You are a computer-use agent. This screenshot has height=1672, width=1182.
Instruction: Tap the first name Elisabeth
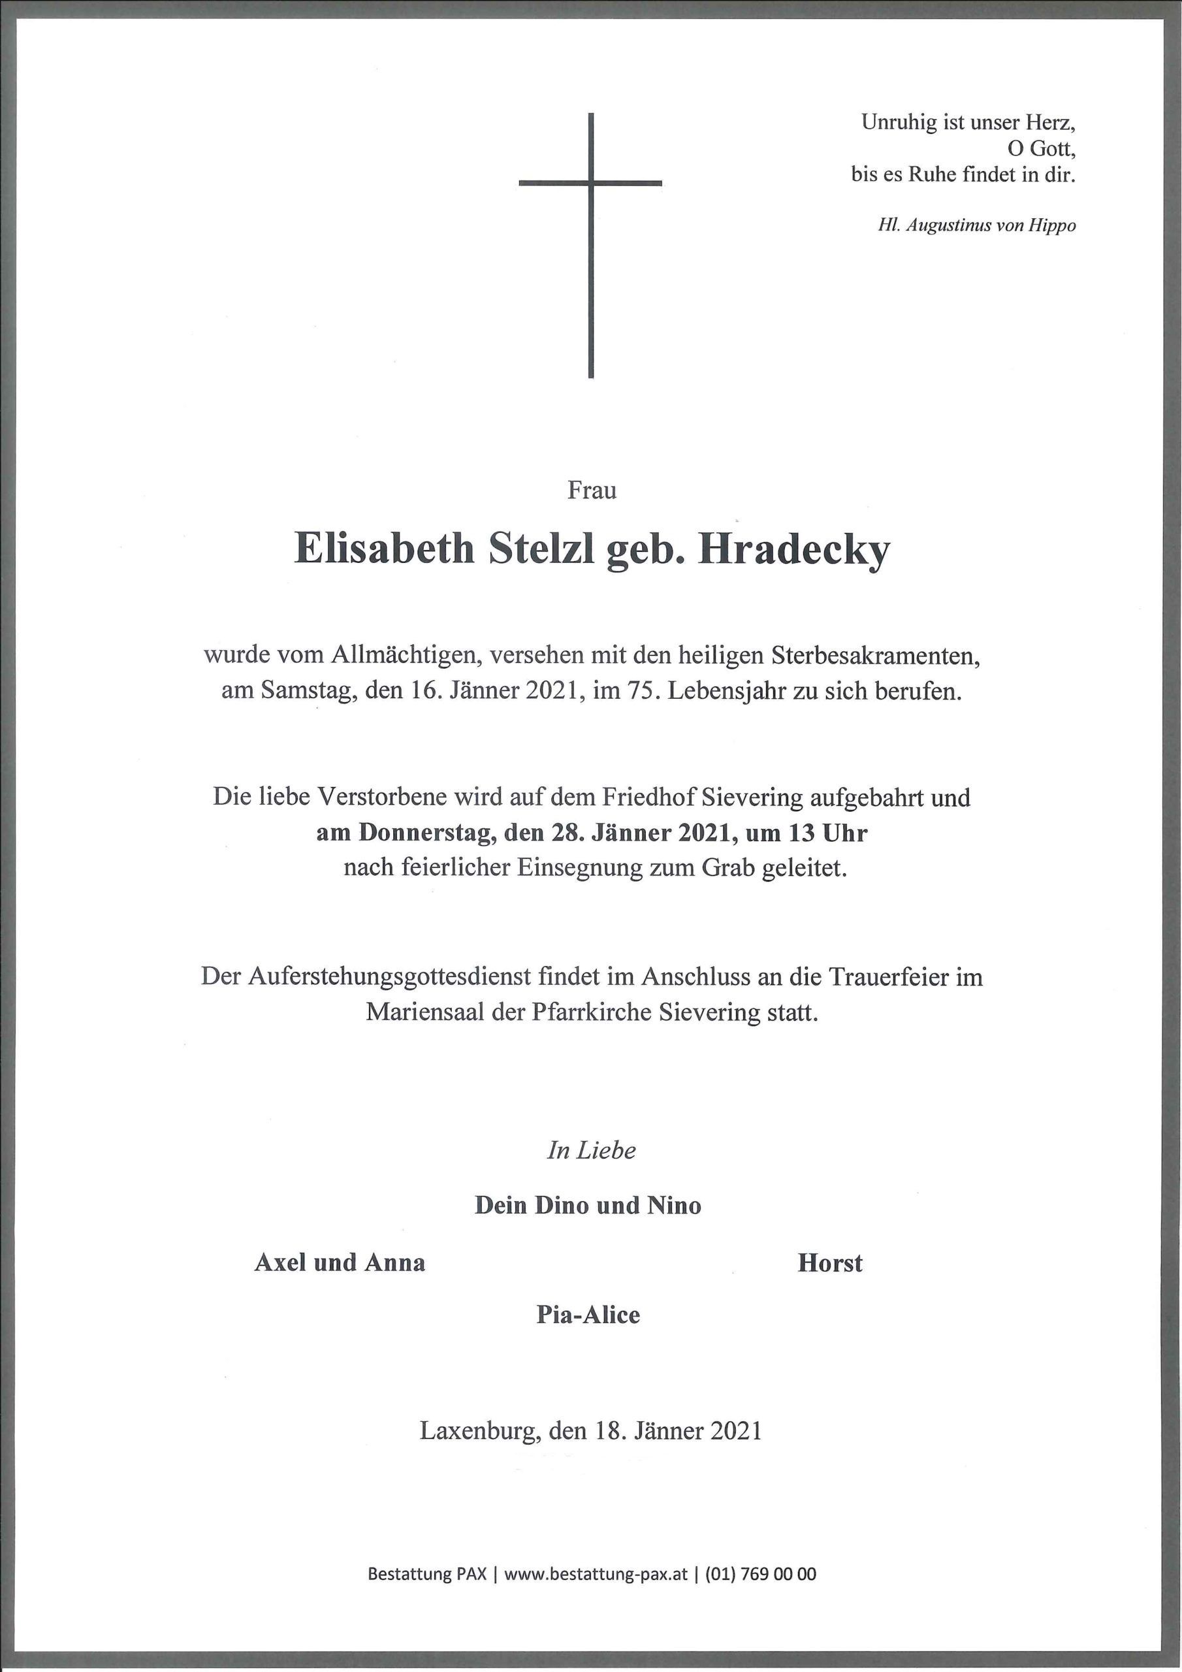[x=384, y=550]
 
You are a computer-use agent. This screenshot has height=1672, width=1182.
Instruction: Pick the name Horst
[x=829, y=1262]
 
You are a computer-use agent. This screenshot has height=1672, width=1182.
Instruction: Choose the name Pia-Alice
[x=588, y=1315]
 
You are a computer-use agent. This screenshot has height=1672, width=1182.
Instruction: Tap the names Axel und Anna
[x=340, y=1262]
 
